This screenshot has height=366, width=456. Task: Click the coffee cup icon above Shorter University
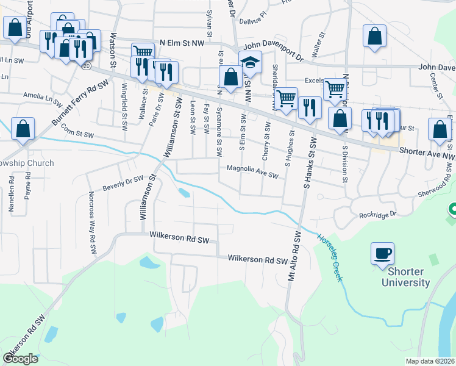click(382, 253)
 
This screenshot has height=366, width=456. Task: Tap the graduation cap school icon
click(250, 62)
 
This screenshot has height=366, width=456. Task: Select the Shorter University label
click(405, 278)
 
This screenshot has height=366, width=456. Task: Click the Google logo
click(20, 358)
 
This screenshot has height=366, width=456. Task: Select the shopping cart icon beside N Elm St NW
click(142, 51)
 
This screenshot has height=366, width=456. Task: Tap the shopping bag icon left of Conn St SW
click(23, 129)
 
